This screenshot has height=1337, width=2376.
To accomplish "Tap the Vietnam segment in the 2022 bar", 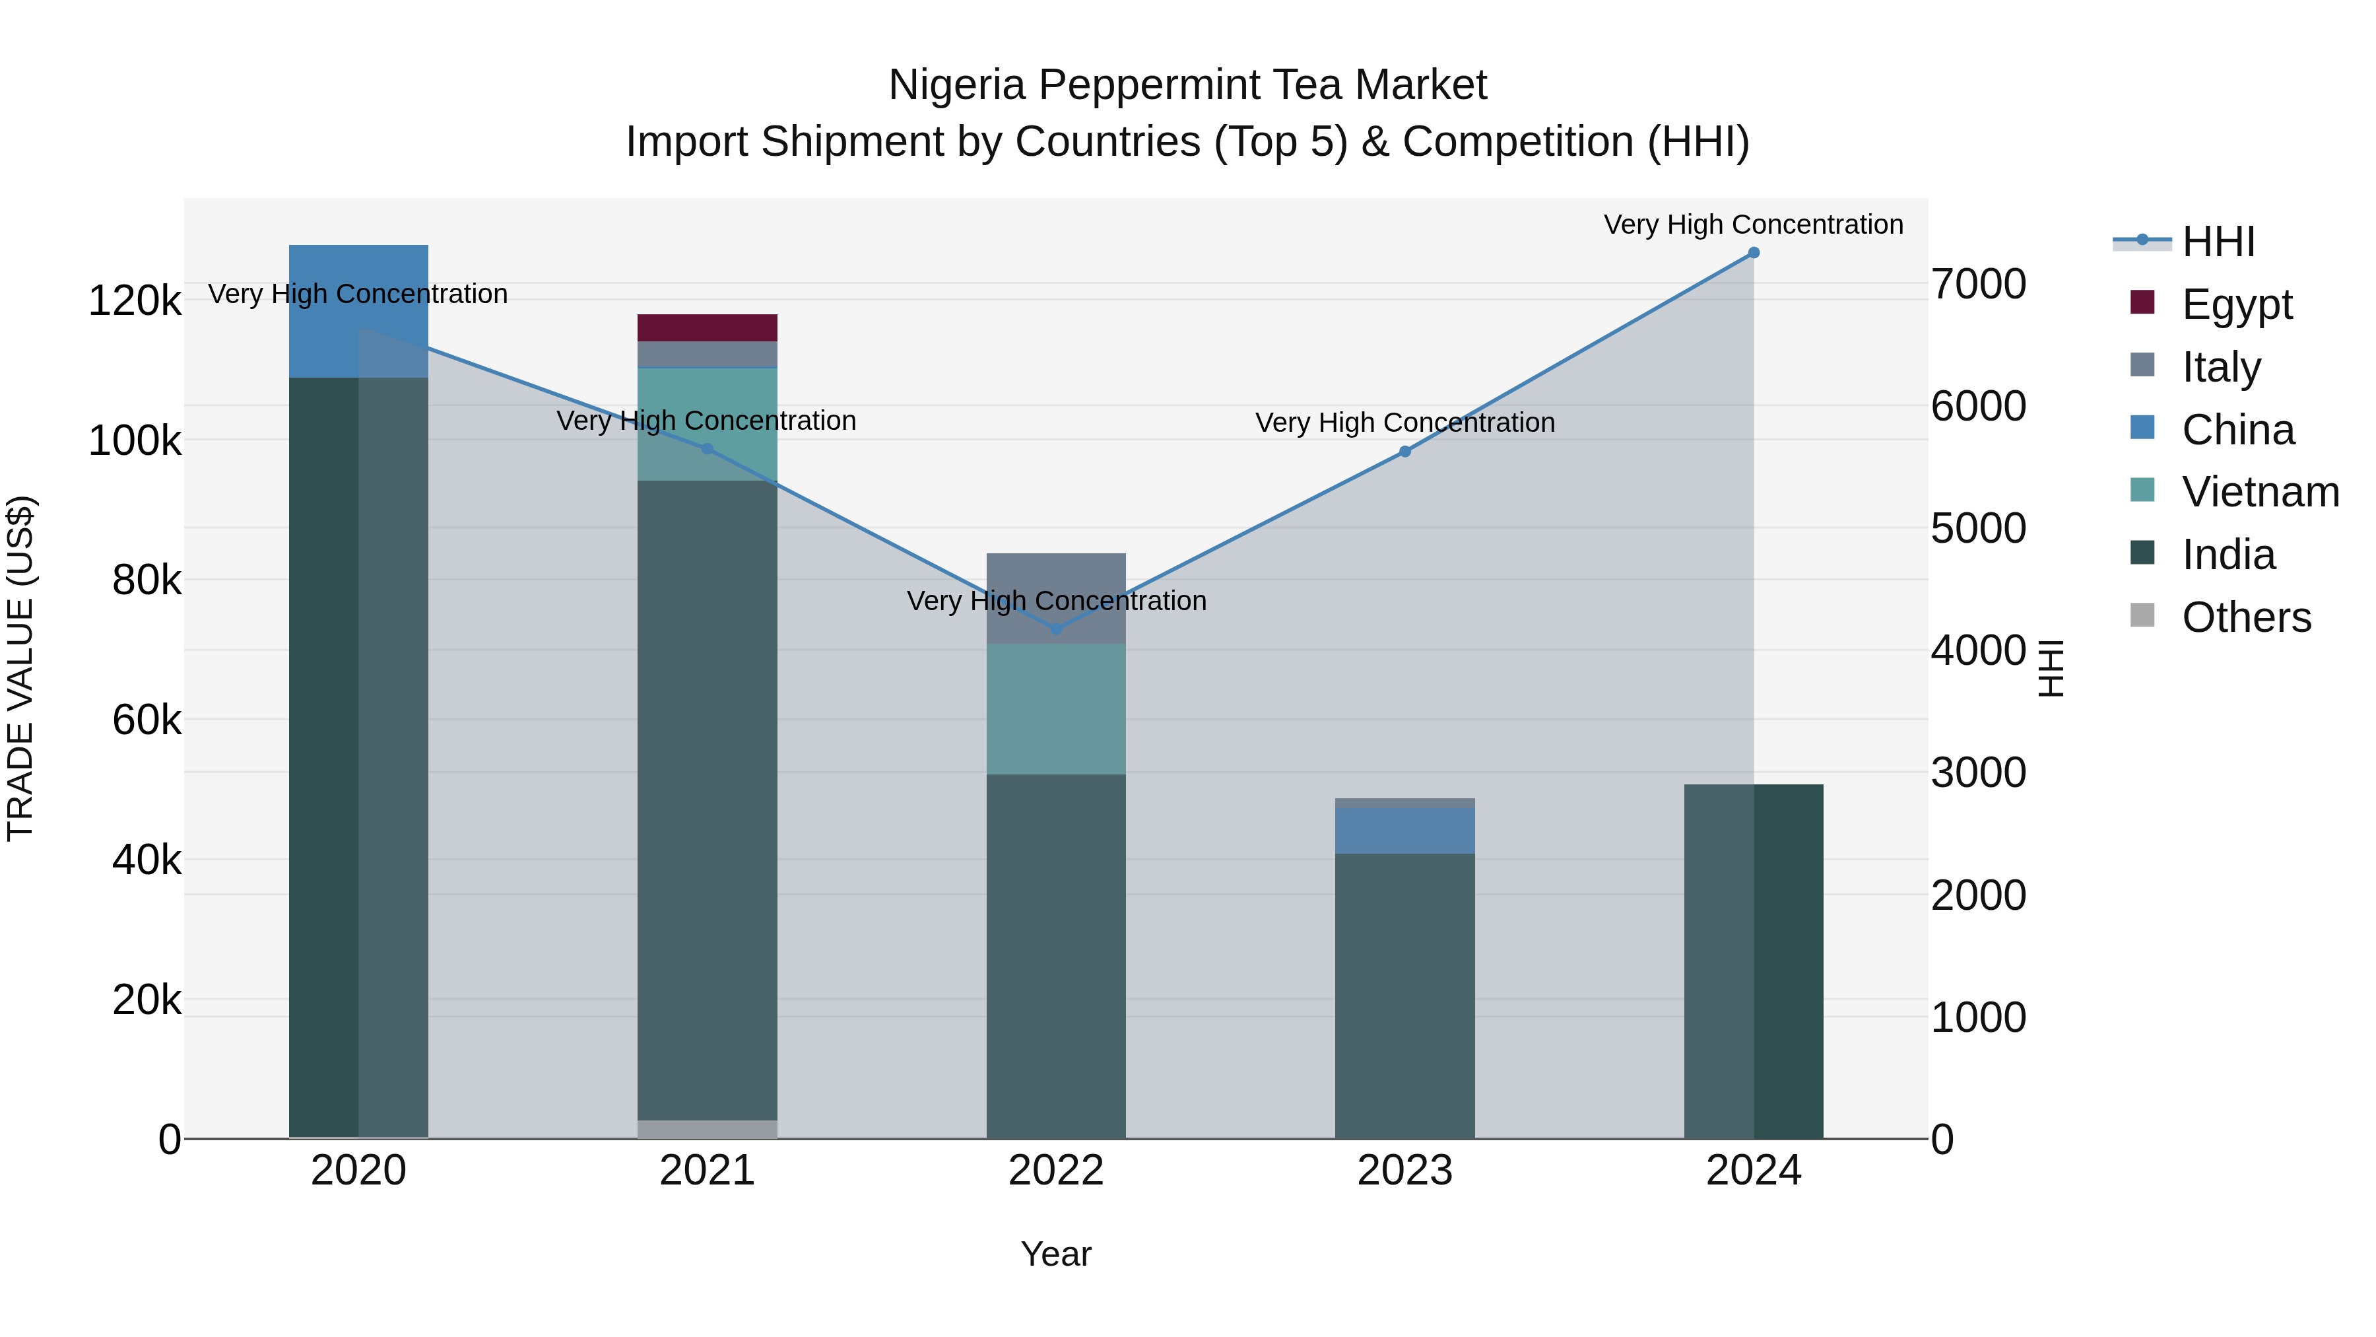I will (x=1055, y=708).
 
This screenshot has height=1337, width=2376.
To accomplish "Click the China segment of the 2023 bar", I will (x=1404, y=831).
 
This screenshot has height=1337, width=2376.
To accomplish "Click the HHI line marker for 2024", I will (x=1754, y=253).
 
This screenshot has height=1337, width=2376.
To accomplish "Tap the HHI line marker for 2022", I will (x=1056, y=629).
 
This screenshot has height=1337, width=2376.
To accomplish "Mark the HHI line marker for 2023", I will (x=1404, y=451).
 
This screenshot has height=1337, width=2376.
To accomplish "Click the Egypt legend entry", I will (x=2236, y=304).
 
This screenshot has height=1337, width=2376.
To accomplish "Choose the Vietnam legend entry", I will (x=2259, y=492).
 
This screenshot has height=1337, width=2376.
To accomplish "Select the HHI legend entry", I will (x=2218, y=242).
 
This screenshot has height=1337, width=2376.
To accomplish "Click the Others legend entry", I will (x=2245, y=617).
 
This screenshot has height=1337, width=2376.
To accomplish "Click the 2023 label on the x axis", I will (x=1404, y=1171).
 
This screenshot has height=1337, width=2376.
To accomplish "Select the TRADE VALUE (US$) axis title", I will (x=20, y=668).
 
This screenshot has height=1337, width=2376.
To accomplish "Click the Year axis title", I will (x=1055, y=1254).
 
